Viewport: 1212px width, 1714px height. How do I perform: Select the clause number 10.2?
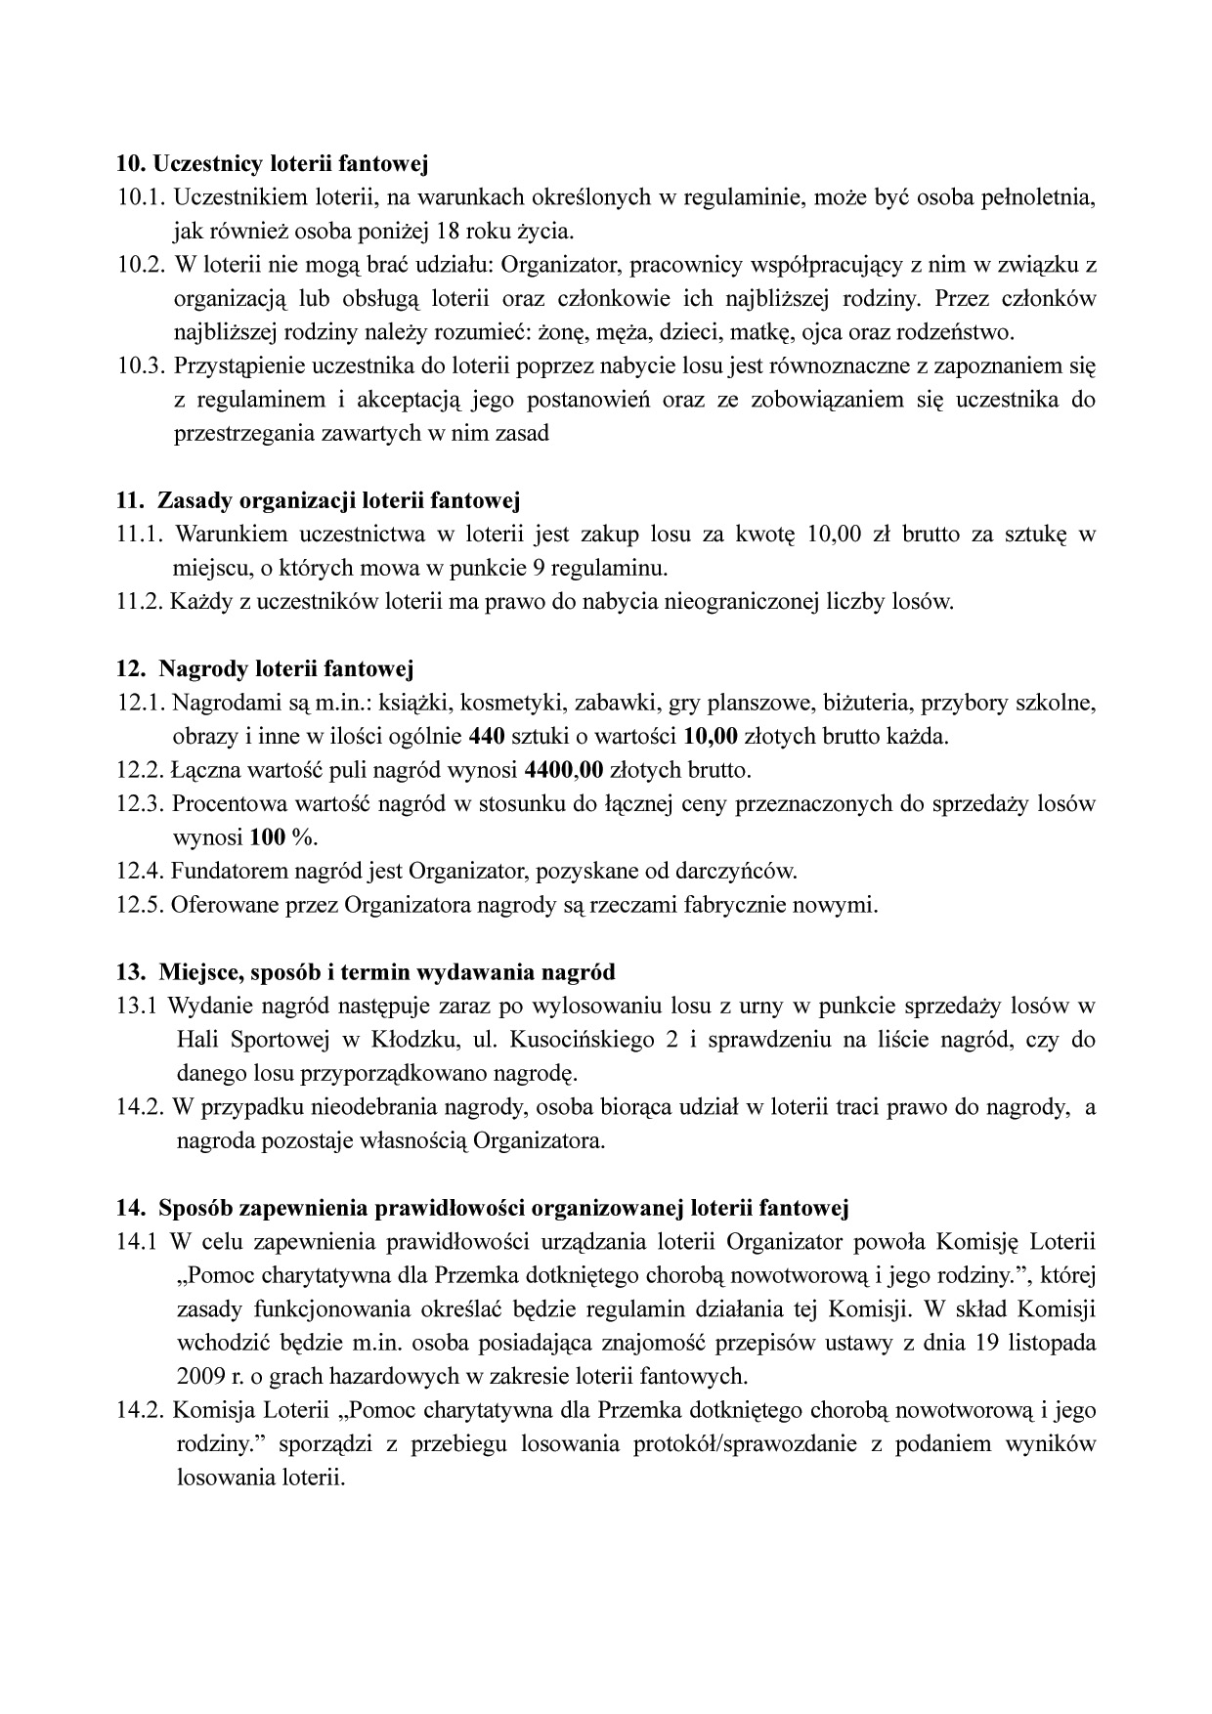[x=138, y=265]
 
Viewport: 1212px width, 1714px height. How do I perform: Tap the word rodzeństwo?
[x=960, y=332]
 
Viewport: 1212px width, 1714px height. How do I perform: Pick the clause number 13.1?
[x=136, y=1007]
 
